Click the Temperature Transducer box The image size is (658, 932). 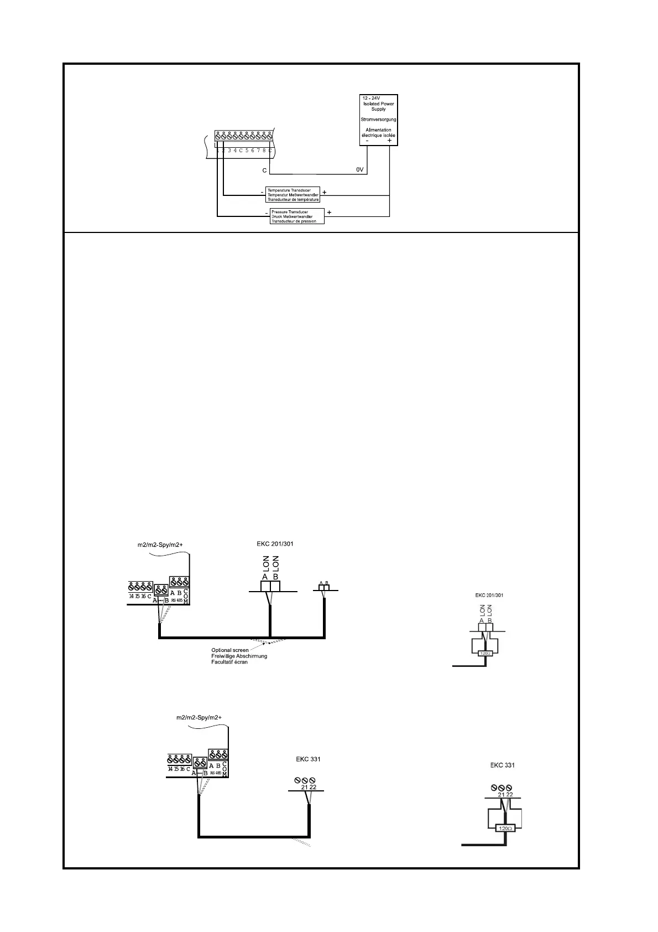pos(293,195)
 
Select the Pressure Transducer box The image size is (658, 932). pos(296,216)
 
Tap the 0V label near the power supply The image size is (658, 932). pos(359,170)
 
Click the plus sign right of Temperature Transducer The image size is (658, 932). pos(325,193)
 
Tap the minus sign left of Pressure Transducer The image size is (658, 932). pos(267,213)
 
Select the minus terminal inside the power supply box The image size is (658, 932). pos(368,141)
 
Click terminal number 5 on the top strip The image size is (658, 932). pos(247,150)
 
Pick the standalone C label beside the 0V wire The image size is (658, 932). pos(265,170)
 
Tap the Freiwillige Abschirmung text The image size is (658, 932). pos(239,656)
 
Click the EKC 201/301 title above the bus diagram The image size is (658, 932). pos(275,543)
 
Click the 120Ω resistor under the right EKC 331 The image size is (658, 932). pos(506,829)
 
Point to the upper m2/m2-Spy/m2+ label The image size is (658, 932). pos(160,545)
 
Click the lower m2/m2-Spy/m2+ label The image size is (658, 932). pos(199,718)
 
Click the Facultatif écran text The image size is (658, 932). pos(229,662)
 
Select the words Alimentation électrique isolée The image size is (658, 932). pos(378,132)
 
